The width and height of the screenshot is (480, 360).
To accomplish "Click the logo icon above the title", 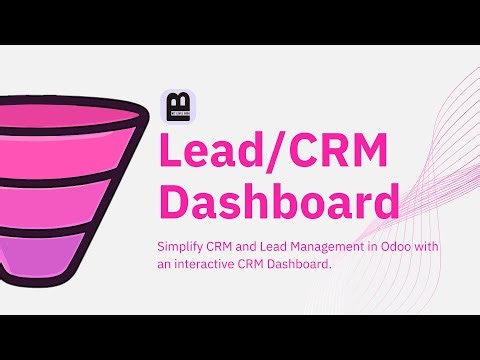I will pyautogui.click(x=178, y=107).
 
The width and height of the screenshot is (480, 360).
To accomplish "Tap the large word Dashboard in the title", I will pyautogui.click(x=279, y=203).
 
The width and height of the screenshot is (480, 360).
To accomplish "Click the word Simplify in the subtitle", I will pyautogui.click(x=182, y=246).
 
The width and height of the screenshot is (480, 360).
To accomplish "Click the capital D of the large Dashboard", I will pyautogui.click(x=177, y=203).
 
